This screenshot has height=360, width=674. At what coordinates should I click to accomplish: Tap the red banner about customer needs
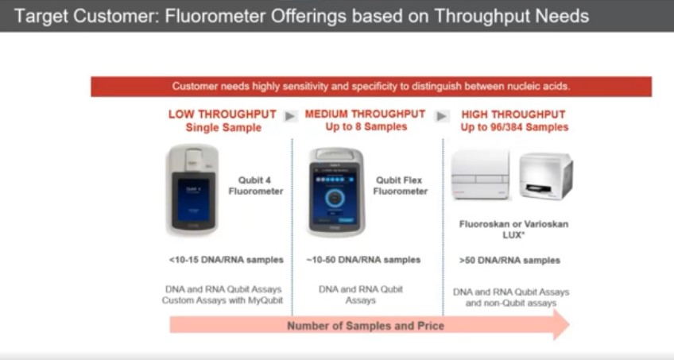pos(370,86)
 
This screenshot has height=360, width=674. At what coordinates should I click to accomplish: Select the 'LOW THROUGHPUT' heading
pos(223,114)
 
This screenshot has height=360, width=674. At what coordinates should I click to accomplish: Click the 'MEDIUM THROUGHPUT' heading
pos(365,114)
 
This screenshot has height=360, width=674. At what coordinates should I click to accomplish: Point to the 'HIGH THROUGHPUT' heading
pos(513,114)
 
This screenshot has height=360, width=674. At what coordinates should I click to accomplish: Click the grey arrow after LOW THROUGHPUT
pos(290,116)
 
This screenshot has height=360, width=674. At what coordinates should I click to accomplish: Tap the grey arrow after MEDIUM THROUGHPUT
pos(442,116)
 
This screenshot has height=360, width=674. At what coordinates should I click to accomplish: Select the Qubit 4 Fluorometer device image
pos(193,189)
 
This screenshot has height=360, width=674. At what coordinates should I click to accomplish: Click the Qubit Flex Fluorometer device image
pos(335,192)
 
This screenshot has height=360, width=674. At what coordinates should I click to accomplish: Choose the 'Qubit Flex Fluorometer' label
pos(401,185)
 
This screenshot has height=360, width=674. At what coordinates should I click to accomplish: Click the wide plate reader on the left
pos(481,176)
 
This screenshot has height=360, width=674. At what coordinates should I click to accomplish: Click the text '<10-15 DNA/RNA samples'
pos(226,260)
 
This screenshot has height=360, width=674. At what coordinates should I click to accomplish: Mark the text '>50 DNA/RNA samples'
pos(509,261)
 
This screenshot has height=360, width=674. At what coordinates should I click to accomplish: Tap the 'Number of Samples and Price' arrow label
pos(366,326)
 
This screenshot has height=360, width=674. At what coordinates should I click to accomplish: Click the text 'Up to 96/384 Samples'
pos(514,127)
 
